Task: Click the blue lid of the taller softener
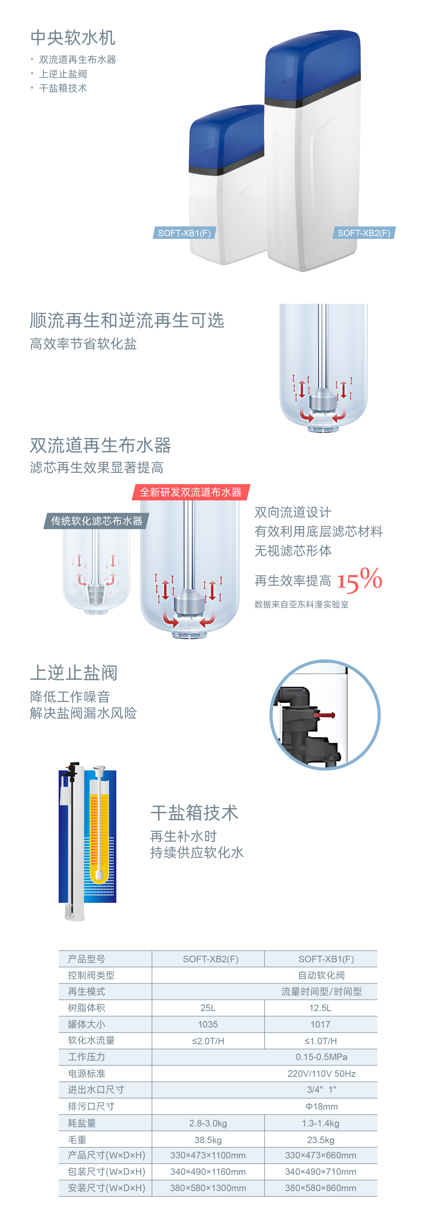[x=312, y=64]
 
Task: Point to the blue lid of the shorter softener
[x=226, y=136]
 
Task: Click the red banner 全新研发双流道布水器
[x=191, y=492]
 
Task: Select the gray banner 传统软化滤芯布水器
[x=97, y=521]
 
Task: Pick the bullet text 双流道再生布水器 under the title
[x=77, y=60]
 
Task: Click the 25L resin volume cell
[x=208, y=1008]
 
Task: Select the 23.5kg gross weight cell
[x=320, y=1140]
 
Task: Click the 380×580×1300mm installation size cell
[x=208, y=1188]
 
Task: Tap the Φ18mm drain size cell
[x=322, y=1106]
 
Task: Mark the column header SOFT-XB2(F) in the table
[x=210, y=959]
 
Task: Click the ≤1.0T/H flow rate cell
[x=320, y=1041]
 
